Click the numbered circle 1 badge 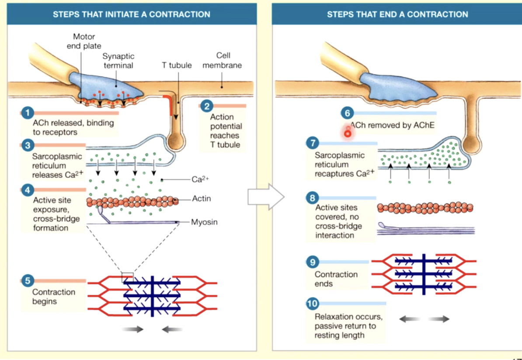[27, 113]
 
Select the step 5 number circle [27, 280]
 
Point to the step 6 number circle [348, 114]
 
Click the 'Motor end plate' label [84, 41]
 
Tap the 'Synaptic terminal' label [118, 61]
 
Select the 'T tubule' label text [177, 66]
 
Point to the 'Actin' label [202, 199]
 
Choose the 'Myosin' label [204, 222]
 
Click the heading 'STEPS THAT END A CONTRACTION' [397, 14]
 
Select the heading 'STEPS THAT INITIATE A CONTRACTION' [131, 14]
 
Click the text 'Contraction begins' [54, 297]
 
